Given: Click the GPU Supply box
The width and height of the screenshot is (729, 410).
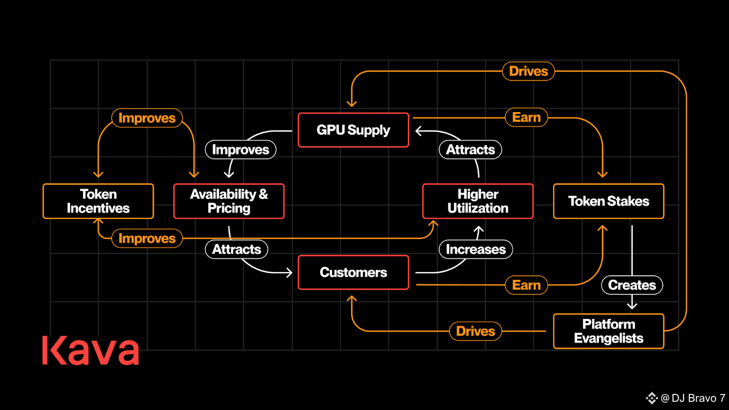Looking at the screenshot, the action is (354, 130).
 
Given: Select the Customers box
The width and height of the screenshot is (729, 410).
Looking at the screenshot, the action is (354, 272).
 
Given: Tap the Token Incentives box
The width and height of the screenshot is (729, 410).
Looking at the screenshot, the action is (98, 201).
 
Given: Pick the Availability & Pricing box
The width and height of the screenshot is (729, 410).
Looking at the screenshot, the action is (229, 201).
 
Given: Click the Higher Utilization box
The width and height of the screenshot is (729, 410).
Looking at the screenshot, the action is (478, 201).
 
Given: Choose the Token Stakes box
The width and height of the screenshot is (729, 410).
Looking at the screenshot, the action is (609, 201).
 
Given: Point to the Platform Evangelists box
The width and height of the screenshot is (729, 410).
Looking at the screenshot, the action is (609, 331).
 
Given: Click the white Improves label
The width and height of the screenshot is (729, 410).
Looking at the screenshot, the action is (241, 150).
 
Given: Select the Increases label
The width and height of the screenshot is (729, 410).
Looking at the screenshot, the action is (476, 249).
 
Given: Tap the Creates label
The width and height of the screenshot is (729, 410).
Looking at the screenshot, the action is (632, 285).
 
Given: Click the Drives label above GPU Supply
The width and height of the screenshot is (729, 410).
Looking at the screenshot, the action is (529, 71).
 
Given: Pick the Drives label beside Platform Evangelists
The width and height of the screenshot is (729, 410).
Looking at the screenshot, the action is (476, 331).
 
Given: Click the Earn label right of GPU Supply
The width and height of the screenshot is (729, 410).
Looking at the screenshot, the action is (527, 118).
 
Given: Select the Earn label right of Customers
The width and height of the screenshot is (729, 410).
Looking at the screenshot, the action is (527, 285).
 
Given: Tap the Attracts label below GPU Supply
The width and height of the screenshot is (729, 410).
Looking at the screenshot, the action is (470, 150).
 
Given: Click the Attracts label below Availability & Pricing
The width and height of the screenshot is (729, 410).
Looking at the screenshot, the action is (236, 249).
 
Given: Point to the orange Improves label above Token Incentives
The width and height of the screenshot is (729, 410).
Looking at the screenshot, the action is (147, 118).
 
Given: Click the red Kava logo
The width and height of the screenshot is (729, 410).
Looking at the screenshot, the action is (91, 350).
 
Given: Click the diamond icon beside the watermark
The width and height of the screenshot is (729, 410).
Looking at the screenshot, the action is (652, 398).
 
